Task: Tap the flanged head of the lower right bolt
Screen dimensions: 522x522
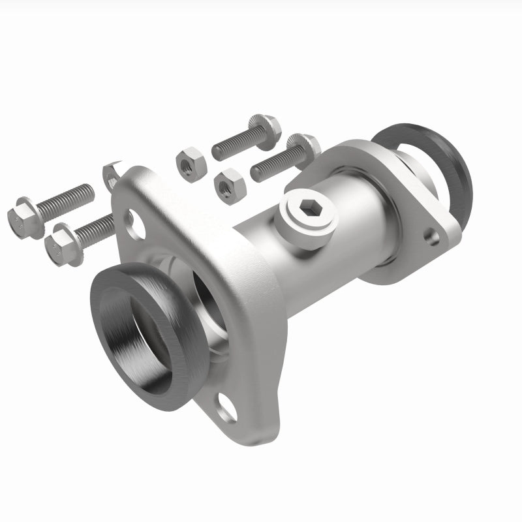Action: (303, 147)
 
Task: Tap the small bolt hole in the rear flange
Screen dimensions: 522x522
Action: (431, 235)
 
